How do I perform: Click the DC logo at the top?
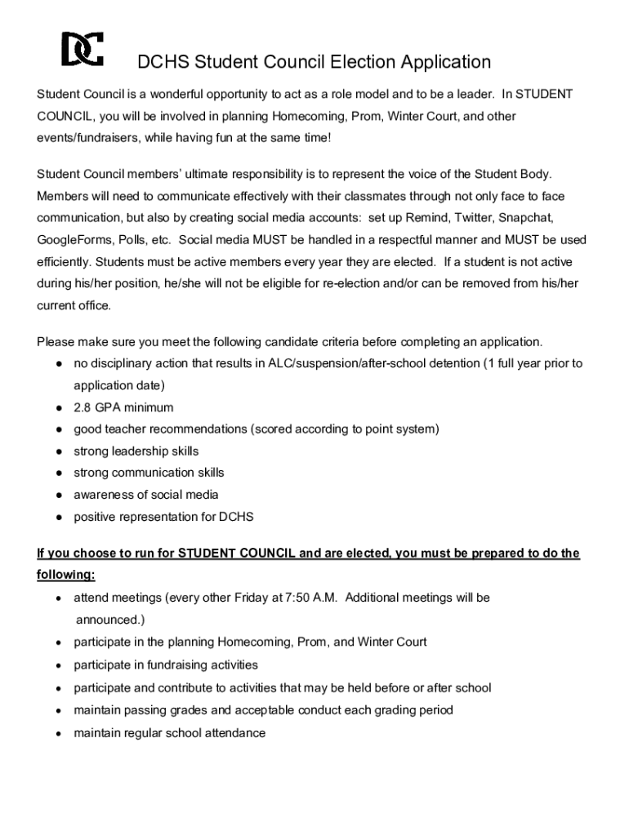click(83, 51)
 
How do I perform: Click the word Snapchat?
click(526, 219)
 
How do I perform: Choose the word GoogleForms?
click(74, 241)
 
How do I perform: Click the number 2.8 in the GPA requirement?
click(83, 407)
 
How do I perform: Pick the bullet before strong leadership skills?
click(60, 451)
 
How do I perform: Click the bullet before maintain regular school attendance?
click(60, 734)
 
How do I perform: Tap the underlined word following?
click(66, 576)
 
